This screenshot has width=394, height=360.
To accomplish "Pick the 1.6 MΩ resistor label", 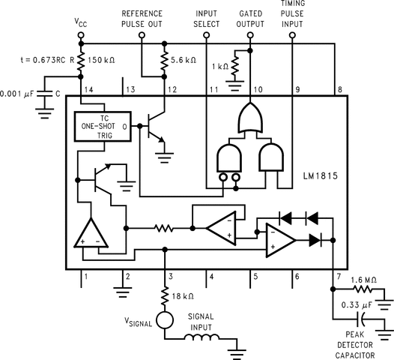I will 367,278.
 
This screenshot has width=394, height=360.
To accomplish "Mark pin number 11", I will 212,90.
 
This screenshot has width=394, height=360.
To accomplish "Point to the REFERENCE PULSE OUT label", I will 142,19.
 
